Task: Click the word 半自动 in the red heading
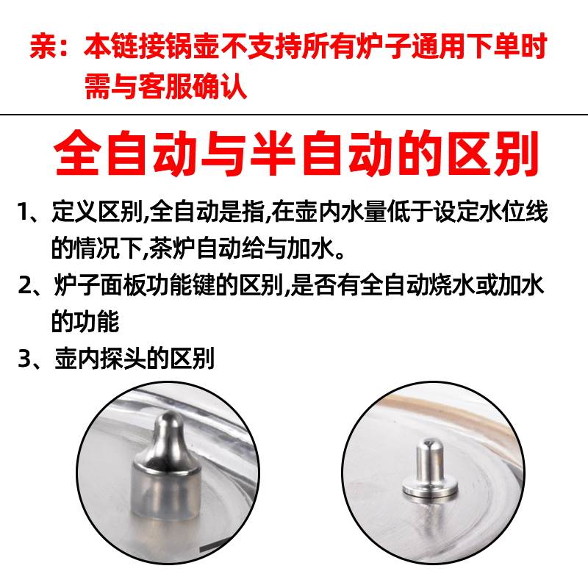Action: (x=322, y=153)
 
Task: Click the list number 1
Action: (x=24, y=212)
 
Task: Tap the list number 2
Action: (x=26, y=285)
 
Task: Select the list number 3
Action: (x=26, y=359)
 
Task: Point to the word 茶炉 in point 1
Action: (x=172, y=248)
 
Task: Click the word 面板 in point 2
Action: (x=123, y=285)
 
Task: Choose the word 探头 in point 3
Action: (x=123, y=359)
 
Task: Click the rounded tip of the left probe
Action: (x=169, y=417)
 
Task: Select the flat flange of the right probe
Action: (x=430, y=489)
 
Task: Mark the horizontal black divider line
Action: (x=294, y=114)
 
